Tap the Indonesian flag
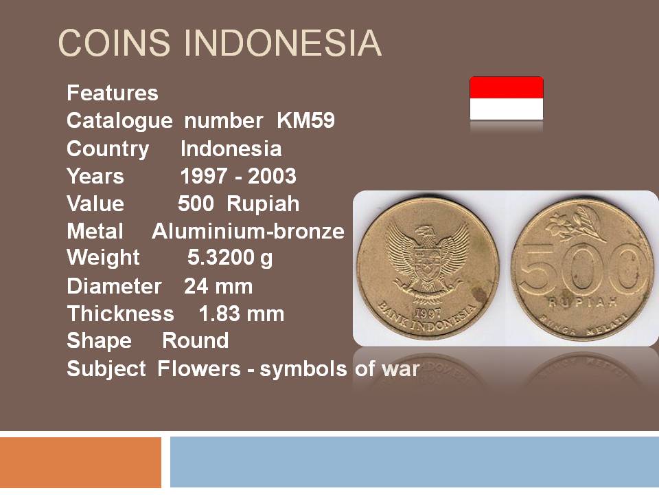point(507,98)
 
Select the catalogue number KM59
point(305,121)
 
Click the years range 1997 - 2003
point(238,176)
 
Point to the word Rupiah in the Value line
point(263,203)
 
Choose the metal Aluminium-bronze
point(248,231)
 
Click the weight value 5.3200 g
point(230,258)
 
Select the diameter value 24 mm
point(218,286)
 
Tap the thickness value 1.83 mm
point(241,314)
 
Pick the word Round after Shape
point(196,340)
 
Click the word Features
point(112,93)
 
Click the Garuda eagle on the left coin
point(427,263)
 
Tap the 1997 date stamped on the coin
point(428,313)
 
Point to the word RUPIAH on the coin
point(583,302)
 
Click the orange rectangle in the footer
point(81,462)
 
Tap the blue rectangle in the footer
point(415,462)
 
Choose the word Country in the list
point(108,149)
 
